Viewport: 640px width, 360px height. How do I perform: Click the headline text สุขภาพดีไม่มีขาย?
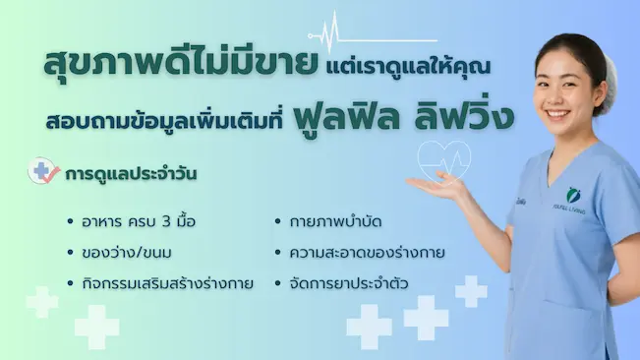181,63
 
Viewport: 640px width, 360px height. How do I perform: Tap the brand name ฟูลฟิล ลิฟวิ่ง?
403,118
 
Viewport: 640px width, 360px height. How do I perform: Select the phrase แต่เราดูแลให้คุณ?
408,67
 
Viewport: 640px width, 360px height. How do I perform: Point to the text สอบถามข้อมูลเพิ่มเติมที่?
164,121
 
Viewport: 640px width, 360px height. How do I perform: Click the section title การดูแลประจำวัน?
131,174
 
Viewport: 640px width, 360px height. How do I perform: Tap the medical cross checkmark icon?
43,170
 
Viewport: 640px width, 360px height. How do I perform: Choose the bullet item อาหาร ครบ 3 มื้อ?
139,221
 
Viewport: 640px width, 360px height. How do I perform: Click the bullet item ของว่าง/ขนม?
127,253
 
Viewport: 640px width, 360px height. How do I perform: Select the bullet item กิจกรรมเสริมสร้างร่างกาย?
167,283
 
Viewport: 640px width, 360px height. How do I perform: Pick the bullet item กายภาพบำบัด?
335,222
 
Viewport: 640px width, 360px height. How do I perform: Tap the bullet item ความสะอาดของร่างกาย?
367,253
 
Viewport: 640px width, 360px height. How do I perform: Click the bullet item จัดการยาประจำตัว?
349,283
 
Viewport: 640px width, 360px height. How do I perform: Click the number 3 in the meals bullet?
166,222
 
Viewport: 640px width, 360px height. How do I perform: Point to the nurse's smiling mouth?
558,114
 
